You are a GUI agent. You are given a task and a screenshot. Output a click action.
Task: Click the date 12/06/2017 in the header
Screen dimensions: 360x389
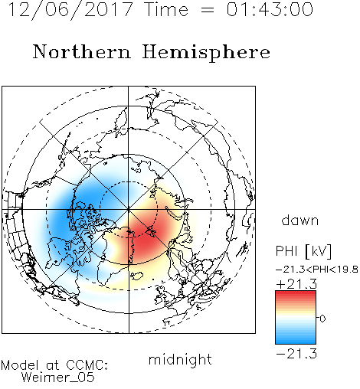(70, 10)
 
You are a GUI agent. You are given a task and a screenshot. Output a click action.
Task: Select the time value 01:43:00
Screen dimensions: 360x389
(270, 9)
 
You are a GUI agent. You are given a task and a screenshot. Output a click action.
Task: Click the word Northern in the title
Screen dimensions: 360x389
(82, 52)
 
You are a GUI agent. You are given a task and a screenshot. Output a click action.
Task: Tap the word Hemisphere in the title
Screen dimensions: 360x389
(206, 53)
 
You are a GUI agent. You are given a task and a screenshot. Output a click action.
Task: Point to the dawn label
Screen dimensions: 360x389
(300, 220)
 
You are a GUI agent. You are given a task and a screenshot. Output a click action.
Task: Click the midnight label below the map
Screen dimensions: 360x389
(180, 359)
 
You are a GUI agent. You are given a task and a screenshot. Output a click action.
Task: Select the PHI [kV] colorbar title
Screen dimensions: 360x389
(303, 251)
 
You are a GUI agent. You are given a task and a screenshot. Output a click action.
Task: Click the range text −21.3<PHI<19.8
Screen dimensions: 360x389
(317, 270)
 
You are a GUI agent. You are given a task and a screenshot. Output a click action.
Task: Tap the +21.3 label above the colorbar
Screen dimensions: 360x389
(296, 284)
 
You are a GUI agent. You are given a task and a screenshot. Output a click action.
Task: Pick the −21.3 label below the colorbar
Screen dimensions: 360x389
(296, 354)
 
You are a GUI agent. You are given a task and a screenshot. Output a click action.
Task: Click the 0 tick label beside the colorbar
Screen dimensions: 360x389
(322, 319)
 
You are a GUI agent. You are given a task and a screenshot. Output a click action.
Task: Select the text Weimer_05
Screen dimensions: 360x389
(58, 377)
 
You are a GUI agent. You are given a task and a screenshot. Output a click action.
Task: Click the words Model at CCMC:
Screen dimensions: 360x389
(54, 365)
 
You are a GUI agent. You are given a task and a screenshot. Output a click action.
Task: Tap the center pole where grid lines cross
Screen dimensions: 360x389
(129, 209)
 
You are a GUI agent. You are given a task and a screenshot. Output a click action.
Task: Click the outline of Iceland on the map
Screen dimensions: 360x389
(136, 276)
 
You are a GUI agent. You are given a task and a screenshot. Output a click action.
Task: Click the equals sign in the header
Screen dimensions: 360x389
(207, 10)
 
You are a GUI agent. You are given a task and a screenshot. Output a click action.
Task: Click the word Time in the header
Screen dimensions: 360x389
(166, 9)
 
